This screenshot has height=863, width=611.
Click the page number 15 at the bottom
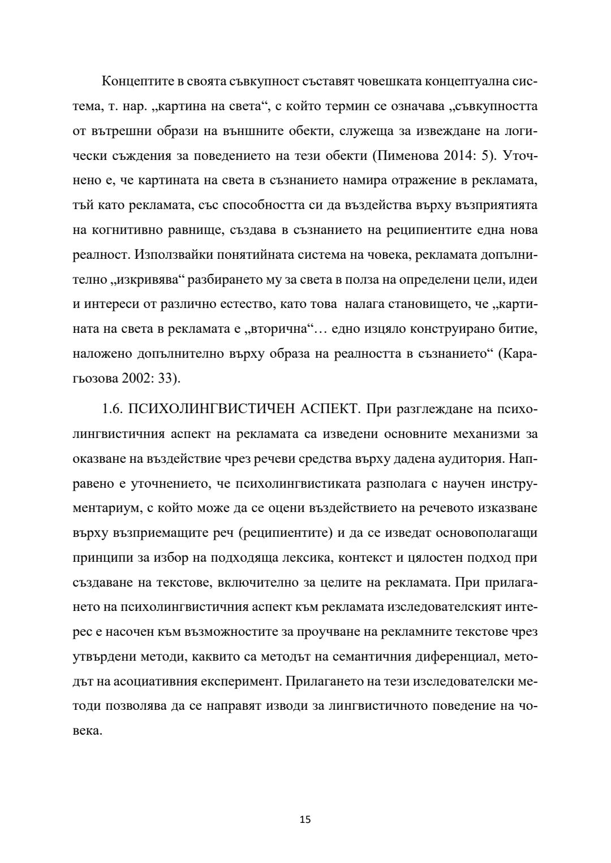click(x=305, y=819)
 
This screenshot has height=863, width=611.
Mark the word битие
click(x=519, y=329)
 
